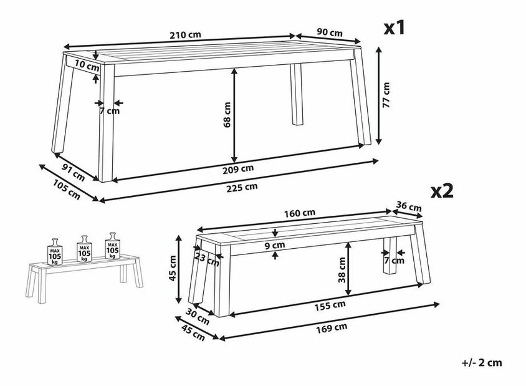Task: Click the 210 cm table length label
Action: point(185,34)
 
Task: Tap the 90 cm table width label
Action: point(330,32)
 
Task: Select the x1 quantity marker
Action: point(395,28)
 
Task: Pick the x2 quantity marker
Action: point(442,191)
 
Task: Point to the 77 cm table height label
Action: point(386,95)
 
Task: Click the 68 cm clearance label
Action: point(227,115)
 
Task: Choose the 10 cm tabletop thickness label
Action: point(87,65)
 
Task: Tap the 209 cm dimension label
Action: point(238,169)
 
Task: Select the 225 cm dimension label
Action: point(242,187)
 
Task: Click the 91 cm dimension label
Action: point(74,172)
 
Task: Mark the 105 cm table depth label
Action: point(67,190)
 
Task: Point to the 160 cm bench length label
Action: point(300,213)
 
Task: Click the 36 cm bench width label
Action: point(409,206)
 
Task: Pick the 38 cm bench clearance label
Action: point(342,270)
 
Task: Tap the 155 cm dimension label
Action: point(330,306)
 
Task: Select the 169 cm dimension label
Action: point(332,327)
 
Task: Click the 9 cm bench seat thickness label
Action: point(275,245)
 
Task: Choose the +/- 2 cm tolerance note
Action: point(482,363)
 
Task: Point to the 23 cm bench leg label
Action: point(207,259)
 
